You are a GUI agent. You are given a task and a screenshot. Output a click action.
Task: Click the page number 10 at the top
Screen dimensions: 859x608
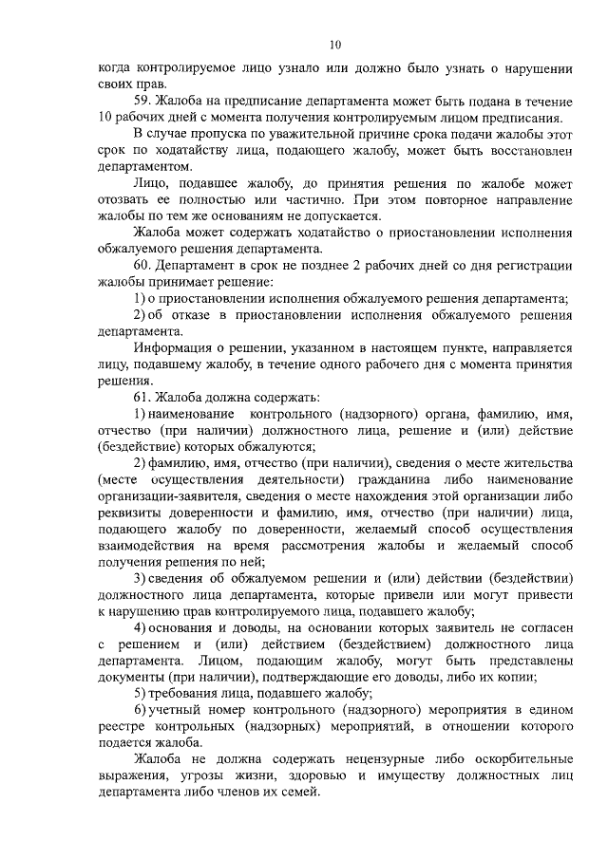click(334, 44)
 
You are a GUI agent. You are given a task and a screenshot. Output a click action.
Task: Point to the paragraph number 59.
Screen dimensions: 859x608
click(142, 102)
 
